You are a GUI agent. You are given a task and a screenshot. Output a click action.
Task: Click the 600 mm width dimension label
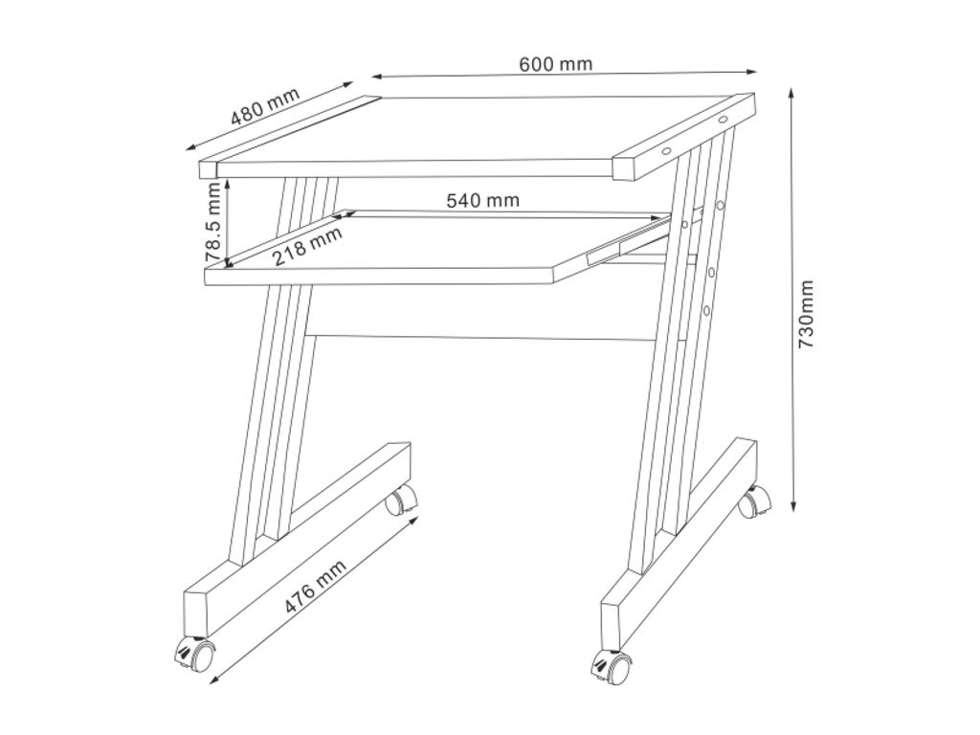[x=555, y=64]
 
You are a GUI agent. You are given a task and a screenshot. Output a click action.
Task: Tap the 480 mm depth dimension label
[x=266, y=106]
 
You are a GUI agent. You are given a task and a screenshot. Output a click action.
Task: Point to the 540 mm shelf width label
[x=482, y=200]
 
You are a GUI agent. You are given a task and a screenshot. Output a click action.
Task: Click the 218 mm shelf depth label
[x=307, y=246]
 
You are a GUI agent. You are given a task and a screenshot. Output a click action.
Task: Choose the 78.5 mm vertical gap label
[x=213, y=222]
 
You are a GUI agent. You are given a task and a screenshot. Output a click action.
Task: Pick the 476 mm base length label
[x=316, y=587]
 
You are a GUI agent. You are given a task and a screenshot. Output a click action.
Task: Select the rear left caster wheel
[x=401, y=500]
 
